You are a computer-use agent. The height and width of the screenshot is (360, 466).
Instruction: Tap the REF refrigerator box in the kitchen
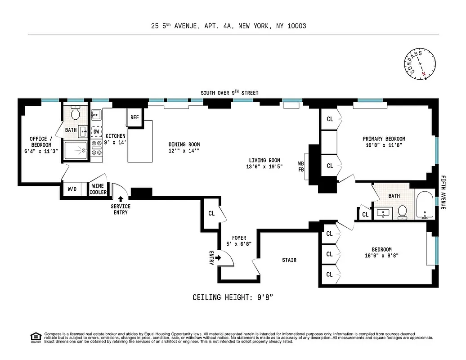[x=134, y=117]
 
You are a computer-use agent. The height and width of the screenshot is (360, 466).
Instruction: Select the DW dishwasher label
[x=96, y=131]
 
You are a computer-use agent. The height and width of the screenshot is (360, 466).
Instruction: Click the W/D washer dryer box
[x=72, y=189]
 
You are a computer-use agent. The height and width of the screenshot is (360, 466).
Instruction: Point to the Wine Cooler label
[x=98, y=189]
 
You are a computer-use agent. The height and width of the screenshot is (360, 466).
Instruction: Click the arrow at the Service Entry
[x=121, y=199]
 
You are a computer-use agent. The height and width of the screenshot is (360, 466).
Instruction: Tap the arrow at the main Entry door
[x=219, y=258]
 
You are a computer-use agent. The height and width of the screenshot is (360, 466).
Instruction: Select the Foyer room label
[x=239, y=238]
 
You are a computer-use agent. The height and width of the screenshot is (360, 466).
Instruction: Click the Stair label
[x=289, y=260]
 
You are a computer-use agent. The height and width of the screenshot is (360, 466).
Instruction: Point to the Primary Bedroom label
[x=384, y=139]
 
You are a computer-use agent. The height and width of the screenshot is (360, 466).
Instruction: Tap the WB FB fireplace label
[x=301, y=166]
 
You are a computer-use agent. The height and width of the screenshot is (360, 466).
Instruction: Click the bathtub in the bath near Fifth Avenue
[x=424, y=207]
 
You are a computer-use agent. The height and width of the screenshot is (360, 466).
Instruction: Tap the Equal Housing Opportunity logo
[x=36, y=337]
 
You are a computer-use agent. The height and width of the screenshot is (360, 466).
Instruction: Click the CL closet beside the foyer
[x=211, y=213]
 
